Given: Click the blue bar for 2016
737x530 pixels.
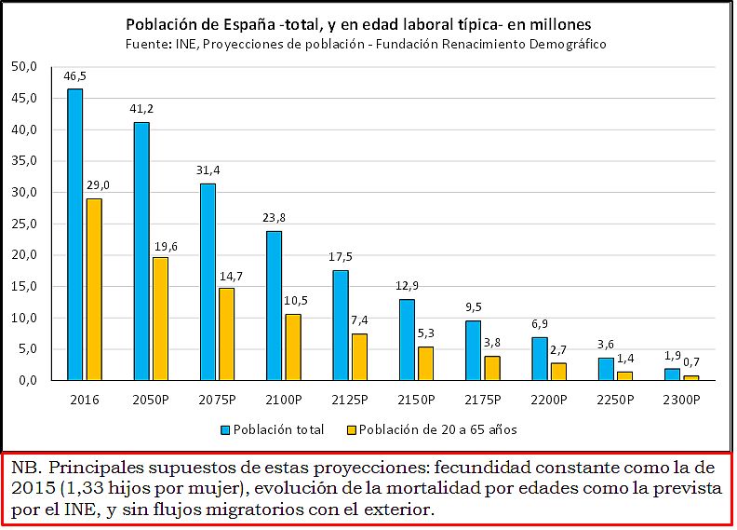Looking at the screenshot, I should pos(74,234).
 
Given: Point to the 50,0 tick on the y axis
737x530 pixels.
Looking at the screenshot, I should pos(24,67).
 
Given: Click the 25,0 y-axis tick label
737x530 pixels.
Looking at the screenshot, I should pos(24,224).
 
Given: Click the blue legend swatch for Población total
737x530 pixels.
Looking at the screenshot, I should pos(226,430).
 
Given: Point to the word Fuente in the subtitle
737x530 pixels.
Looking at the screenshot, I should pos(145,43).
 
